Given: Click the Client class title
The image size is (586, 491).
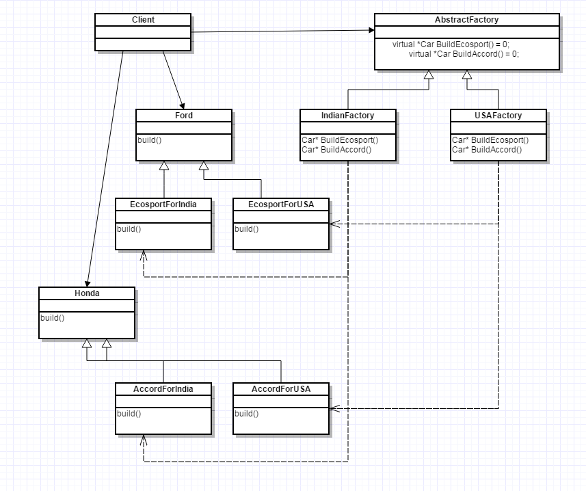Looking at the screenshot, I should (143, 20).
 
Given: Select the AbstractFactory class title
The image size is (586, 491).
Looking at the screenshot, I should (467, 20).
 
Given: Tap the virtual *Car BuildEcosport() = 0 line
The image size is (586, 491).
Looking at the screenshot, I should (451, 44).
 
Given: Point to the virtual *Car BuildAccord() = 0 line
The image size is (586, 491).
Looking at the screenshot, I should (464, 53).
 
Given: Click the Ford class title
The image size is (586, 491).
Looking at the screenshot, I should (184, 116).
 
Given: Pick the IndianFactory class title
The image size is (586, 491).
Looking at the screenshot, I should (348, 116).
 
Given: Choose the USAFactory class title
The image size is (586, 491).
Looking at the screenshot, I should (498, 116).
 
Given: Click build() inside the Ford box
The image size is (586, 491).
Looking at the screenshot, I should (149, 140).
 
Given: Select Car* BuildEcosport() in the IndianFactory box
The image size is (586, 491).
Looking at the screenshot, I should (340, 140).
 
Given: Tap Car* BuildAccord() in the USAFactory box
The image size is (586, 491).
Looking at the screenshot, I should (487, 150).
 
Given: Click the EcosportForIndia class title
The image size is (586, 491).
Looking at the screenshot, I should (163, 204).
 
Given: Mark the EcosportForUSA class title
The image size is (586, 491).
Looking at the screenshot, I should (281, 204).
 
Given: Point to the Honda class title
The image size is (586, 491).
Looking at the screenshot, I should (87, 293).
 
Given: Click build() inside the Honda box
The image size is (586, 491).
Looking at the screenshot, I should (52, 318).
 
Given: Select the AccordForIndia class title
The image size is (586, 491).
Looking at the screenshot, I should (163, 388).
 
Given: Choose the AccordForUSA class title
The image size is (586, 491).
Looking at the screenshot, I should (281, 388).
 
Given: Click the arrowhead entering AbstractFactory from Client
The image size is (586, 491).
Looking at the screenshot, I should (371, 29).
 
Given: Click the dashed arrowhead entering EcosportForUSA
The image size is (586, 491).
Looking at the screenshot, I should (333, 224).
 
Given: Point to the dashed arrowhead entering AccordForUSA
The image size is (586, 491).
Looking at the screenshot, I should (333, 408).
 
